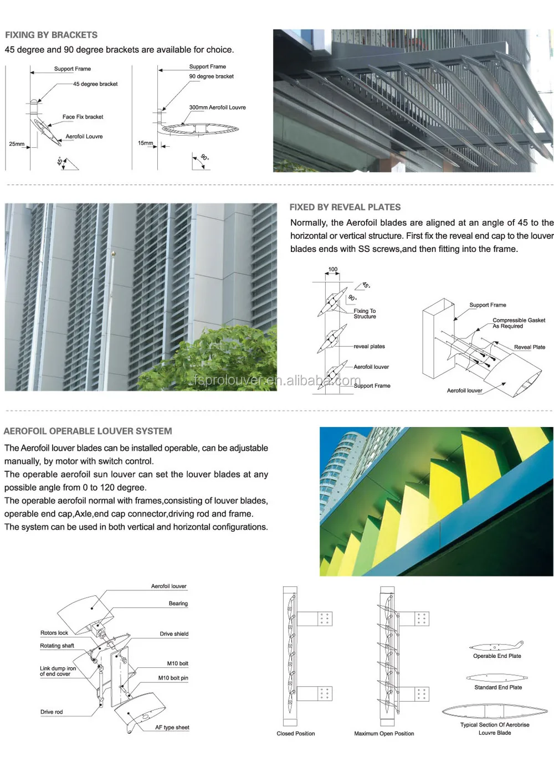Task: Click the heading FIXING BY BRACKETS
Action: tap(51, 35)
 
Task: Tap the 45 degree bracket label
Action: tap(95, 84)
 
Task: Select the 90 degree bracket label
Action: tap(211, 76)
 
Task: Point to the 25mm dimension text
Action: tap(17, 144)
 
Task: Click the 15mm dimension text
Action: tap(145, 143)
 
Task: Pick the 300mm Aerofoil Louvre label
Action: tap(217, 107)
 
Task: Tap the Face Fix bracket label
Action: tap(83, 117)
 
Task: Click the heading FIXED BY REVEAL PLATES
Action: tap(345, 207)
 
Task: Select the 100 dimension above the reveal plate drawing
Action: tap(332, 270)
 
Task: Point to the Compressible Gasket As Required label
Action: tap(518, 323)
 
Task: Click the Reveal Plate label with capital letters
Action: tap(529, 347)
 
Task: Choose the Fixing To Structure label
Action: tap(365, 313)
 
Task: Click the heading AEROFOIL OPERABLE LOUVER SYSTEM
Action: tap(88, 431)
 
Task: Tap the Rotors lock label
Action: tap(54, 632)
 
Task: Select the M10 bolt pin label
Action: tap(173, 678)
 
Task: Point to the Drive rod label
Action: tap(51, 712)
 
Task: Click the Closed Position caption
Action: tap(295, 733)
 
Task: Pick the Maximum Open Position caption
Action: tap(384, 733)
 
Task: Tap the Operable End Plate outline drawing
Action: tap(496, 646)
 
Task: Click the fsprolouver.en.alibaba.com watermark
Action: tap(277, 380)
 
